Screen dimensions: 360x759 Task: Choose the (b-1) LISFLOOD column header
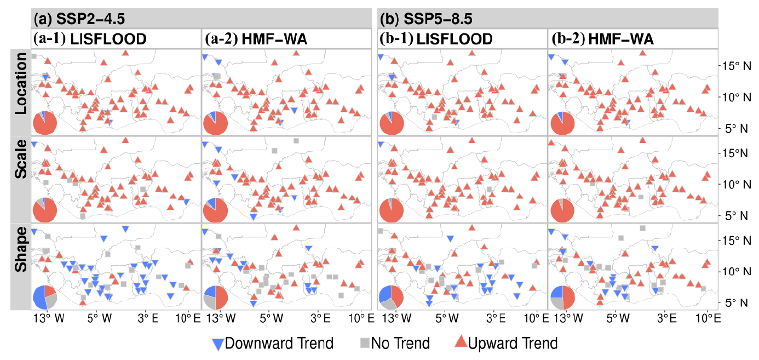pyautogui.click(x=436, y=39)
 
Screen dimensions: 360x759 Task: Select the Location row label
pyautogui.click(x=21, y=92)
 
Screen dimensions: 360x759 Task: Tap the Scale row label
pyautogui.click(x=21, y=179)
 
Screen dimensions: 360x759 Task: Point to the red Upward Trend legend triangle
pyautogui.click(x=461, y=344)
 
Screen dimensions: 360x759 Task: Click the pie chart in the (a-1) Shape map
pyautogui.click(x=44, y=297)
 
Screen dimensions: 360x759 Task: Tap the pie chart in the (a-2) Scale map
pyautogui.click(x=215, y=210)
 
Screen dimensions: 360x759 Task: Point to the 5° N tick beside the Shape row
pyautogui.click(x=735, y=302)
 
